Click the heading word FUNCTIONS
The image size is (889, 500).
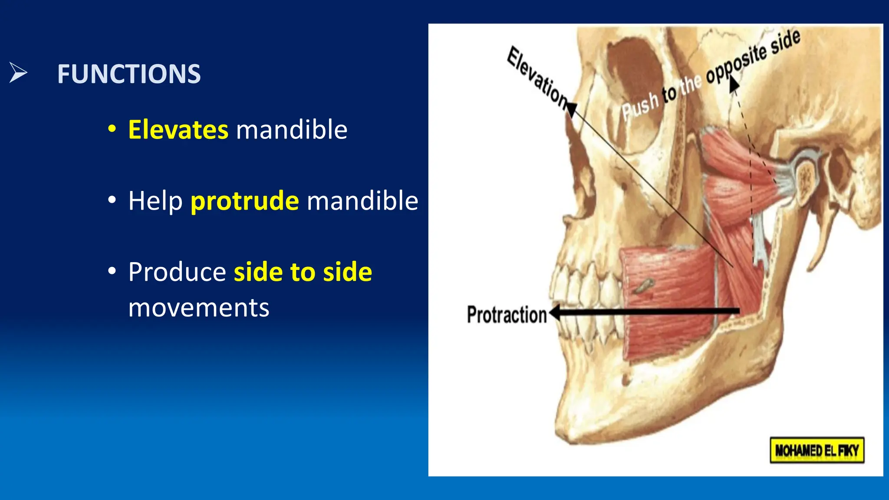pyautogui.click(x=129, y=74)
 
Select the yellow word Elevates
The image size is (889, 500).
pyautogui.click(x=178, y=129)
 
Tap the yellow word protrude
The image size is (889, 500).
pyautogui.click(x=245, y=201)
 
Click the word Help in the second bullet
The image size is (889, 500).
pyautogui.click(x=155, y=201)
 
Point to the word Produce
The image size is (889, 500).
pyautogui.click(x=177, y=272)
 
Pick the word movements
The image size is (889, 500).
pyautogui.click(x=199, y=308)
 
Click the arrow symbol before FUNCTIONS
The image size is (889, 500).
pyautogui.click(x=18, y=72)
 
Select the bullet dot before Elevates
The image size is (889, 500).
pyautogui.click(x=112, y=129)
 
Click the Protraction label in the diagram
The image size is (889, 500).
pyautogui.click(x=507, y=314)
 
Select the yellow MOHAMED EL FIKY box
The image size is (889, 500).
pyautogui.click(x=817, y=450)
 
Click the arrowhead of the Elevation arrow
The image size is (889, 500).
pyautogui.click(x=572, y=109)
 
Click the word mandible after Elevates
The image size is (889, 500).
pyautogui.click(x=292, y=129)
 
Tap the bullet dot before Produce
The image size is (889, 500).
pyautogui.click(x=112, y=271)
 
